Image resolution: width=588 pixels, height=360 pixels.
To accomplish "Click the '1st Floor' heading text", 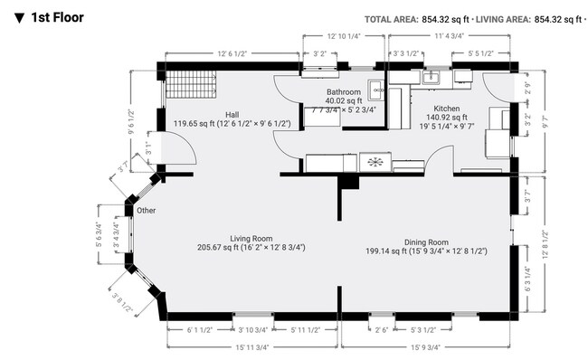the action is tap(57, 17).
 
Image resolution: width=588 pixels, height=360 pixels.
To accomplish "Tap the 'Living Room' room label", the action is tap(251, 239).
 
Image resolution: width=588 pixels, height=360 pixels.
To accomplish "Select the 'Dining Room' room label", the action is tap(426, 242).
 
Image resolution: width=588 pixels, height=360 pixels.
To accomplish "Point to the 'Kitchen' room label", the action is tap(447, 109).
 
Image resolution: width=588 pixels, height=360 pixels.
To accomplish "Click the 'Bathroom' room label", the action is tap(344, 92).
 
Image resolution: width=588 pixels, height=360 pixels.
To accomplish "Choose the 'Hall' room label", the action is tap(232, 115).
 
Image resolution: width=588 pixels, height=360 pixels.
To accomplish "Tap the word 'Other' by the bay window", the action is tap(146, 211).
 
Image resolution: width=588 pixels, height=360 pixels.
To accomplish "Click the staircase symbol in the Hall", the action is tap(191, 84).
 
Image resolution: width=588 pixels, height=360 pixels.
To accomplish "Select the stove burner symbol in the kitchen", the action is tap(375, 162).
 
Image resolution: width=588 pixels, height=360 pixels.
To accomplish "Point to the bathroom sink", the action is tap(375, 90).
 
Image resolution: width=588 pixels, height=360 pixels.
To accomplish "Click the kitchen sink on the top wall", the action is tap(432, 78).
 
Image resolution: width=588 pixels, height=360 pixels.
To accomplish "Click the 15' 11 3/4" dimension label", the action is tap(252, 347).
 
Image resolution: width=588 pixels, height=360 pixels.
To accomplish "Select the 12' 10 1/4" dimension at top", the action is tap(344, 36).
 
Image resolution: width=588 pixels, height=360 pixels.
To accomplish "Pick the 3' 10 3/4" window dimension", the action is tap(253, 330).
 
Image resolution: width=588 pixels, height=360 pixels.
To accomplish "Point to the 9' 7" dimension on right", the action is tap(545, 121).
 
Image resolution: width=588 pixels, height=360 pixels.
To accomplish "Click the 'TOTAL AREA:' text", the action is tap(391, 20).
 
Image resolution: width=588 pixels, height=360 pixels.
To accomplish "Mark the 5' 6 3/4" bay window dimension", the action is tap(99, 235).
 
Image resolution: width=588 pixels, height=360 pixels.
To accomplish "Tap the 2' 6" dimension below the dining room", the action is tap(382, 330).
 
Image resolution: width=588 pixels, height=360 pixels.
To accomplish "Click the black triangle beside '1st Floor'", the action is tap(19, 18).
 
